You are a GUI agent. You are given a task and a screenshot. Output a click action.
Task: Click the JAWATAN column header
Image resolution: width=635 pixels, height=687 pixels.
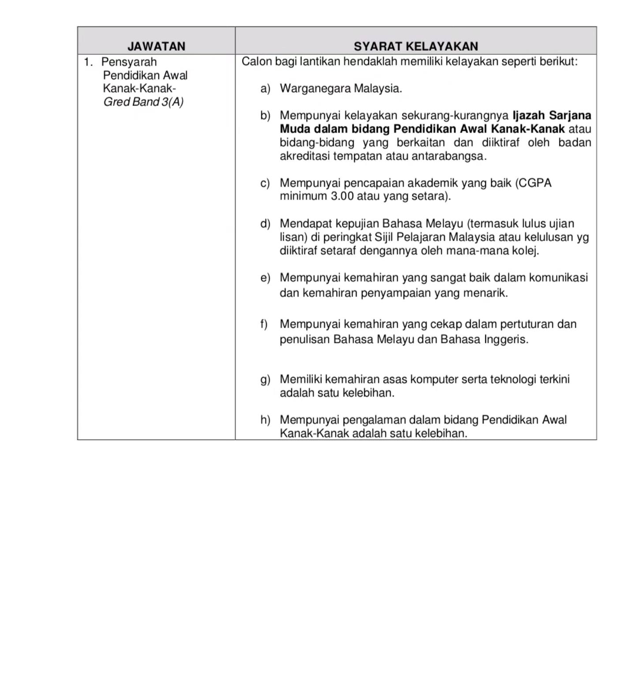(156, 46)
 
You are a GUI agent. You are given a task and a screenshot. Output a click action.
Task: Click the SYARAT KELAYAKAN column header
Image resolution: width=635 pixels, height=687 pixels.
(416, 46)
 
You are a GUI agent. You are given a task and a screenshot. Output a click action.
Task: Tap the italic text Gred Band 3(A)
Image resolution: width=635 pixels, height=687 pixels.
(143, 102)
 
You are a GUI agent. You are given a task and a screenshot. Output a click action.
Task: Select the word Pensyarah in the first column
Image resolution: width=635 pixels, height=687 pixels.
(129, 62)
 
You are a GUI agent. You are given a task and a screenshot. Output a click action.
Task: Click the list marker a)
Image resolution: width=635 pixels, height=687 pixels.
(265, 89)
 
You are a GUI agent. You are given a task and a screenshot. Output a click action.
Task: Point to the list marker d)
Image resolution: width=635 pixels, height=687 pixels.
(265, 224)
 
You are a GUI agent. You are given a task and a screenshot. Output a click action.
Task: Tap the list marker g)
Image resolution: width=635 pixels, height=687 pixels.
(265, 379)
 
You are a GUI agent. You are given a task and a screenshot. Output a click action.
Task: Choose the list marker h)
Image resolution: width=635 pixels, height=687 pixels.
(265, 420)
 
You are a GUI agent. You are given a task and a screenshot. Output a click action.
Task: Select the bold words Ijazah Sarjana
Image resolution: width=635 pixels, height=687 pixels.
(552, 115)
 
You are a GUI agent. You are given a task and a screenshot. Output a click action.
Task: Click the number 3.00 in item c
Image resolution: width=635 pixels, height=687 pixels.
(342, 196)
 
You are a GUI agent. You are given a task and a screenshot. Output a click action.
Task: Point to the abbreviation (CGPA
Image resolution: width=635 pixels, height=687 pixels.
(533, 183)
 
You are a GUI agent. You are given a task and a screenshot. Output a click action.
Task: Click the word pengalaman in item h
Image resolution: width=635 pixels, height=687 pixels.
(374, 420)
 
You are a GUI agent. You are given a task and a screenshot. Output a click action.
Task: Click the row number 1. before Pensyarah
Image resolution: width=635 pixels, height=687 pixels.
(88, 62)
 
